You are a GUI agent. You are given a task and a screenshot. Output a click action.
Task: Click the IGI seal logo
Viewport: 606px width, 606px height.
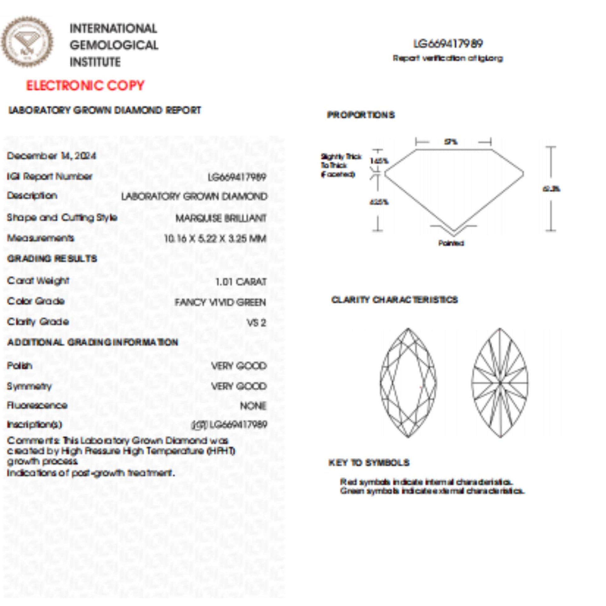pyautogui.click(x=27, y=42)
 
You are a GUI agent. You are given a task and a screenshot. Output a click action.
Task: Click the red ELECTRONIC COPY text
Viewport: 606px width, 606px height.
pyautogui.click(x=85, y=86)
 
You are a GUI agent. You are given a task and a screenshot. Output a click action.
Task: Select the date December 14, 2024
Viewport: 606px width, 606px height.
pyautogui.click(x=51, y=156)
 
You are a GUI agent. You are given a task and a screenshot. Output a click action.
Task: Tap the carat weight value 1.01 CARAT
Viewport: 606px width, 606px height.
pyautogui.click(x=241, y=282)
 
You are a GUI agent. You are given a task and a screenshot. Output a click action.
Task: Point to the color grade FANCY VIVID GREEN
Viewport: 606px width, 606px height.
pyautogui.click(x=220, y=302)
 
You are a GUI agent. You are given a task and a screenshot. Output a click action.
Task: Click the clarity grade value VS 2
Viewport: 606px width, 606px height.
pyautogui.click(x=256, y=323)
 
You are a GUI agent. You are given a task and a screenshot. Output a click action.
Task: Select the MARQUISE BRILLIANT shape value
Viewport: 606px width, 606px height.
pyautogui.click(x=221, y=218)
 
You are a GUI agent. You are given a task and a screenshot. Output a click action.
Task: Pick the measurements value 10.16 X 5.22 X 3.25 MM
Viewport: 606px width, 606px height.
pyautogui.click(x=215, y=239)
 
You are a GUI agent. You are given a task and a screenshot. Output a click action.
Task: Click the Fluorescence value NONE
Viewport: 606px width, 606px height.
pyautogui.click(x=253, y=406)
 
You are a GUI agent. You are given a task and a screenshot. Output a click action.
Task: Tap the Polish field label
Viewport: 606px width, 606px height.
pyautogui.click(x=19, y=366)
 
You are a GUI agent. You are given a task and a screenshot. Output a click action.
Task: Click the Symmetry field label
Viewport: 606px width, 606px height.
pyautogui.click(x=29, y=386)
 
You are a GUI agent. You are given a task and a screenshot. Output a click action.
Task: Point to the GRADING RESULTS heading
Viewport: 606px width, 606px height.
pyautogui.click(x=52, y=259)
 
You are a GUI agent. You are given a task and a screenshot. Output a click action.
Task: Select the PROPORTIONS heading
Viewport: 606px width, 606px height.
pyautogui.click(x=361, y=115)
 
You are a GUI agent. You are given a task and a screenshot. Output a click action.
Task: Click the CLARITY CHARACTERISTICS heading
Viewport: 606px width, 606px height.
pyautogui.click(x=395, y=300)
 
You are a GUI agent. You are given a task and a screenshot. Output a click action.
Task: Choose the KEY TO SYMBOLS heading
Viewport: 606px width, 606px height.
pyautogui.click(x=369, y=463)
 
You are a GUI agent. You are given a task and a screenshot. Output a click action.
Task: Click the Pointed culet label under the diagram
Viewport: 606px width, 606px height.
pyautogui.click(x=451, y=243)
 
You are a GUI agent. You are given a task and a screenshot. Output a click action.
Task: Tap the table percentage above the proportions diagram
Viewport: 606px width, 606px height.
pyautogui.click(x=451, y=142)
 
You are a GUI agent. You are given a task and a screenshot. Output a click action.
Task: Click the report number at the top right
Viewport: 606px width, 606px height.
pyautogui.click(x=448, y=44)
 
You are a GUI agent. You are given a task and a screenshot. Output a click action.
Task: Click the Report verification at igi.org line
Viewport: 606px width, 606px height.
pyautogui.click(x=448, y=58)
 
